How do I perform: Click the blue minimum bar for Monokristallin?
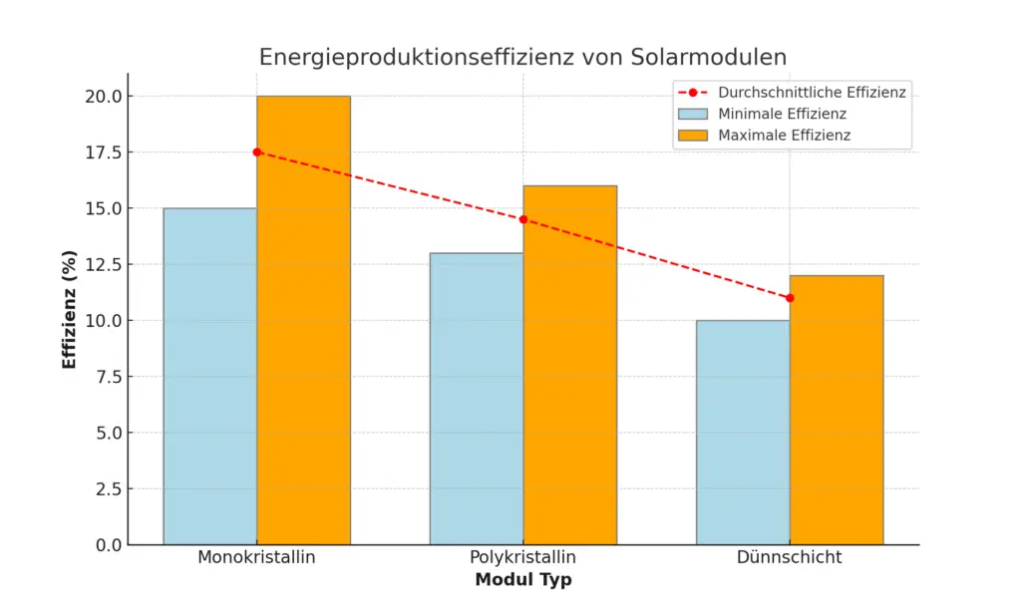click(x=209, y=377)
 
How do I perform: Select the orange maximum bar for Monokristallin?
click(x=303, y=321)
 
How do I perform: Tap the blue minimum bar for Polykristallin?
click(x=477, y=399)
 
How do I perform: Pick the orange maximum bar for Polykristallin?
click(x=569, y=365)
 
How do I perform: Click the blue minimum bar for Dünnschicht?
click(x=743, y=433)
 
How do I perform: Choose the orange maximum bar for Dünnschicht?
click(x=836, y=410)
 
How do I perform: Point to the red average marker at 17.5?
click(x=257, y=152)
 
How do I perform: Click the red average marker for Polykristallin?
click(x=523, y=219)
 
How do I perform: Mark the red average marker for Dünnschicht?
click(x=790, y=298)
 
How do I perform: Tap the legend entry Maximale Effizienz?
click(x=784, y=136)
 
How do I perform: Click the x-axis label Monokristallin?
click(x=256, y=557)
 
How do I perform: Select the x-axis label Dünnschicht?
click(x=789, y=557)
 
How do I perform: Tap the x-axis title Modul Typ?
click(x=522, y=580)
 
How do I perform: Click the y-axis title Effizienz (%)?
click(x=70, y=310)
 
